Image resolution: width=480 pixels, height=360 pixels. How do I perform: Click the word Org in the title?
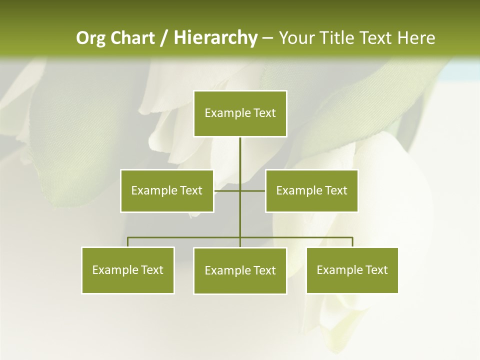pos(90,38)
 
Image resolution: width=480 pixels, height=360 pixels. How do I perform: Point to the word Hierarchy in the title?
pos(215,38)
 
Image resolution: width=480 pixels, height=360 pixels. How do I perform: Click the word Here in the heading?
pos(416,38)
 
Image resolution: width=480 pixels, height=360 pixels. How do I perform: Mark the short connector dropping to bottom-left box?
pos(128,242)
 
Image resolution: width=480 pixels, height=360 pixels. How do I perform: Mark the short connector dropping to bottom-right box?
pos(352,242)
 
